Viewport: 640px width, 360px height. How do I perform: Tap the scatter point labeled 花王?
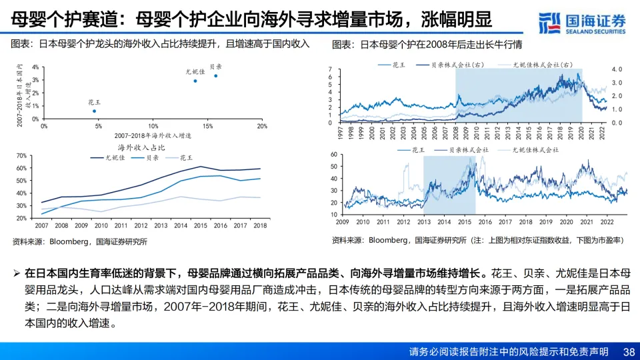(x=94, y=111)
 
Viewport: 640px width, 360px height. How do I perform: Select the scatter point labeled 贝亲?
(x=215, y=75)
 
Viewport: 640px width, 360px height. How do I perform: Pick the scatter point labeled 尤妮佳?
(x=195, y=81)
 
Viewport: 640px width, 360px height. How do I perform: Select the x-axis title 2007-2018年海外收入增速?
(x=153, y=135)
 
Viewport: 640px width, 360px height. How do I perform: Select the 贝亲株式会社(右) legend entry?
(x=459, y=65)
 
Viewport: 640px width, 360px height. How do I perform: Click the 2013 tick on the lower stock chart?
(x=424, y=221)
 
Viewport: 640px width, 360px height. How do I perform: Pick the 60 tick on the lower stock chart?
(x=335, y=155)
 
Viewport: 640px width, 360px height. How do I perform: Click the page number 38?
(x=628, y=351)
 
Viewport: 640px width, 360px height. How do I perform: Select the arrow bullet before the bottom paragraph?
(x=16, y=274)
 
